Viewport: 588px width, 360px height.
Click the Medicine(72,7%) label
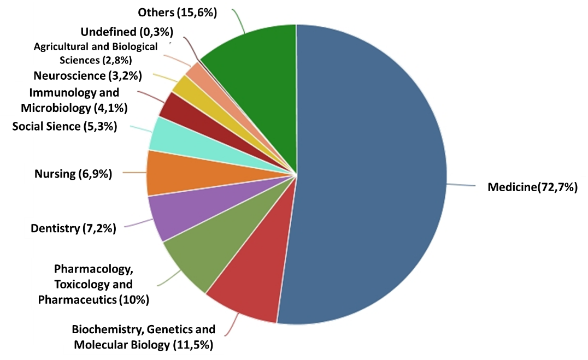click(x=532, y=188)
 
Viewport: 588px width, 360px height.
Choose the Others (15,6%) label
click(x=178, y=13)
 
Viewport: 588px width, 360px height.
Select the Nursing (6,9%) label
click(x=73, y=174)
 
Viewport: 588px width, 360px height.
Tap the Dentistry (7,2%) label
click(x=73, y=228)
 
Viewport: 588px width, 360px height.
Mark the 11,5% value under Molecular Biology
click(x=193, y=345)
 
